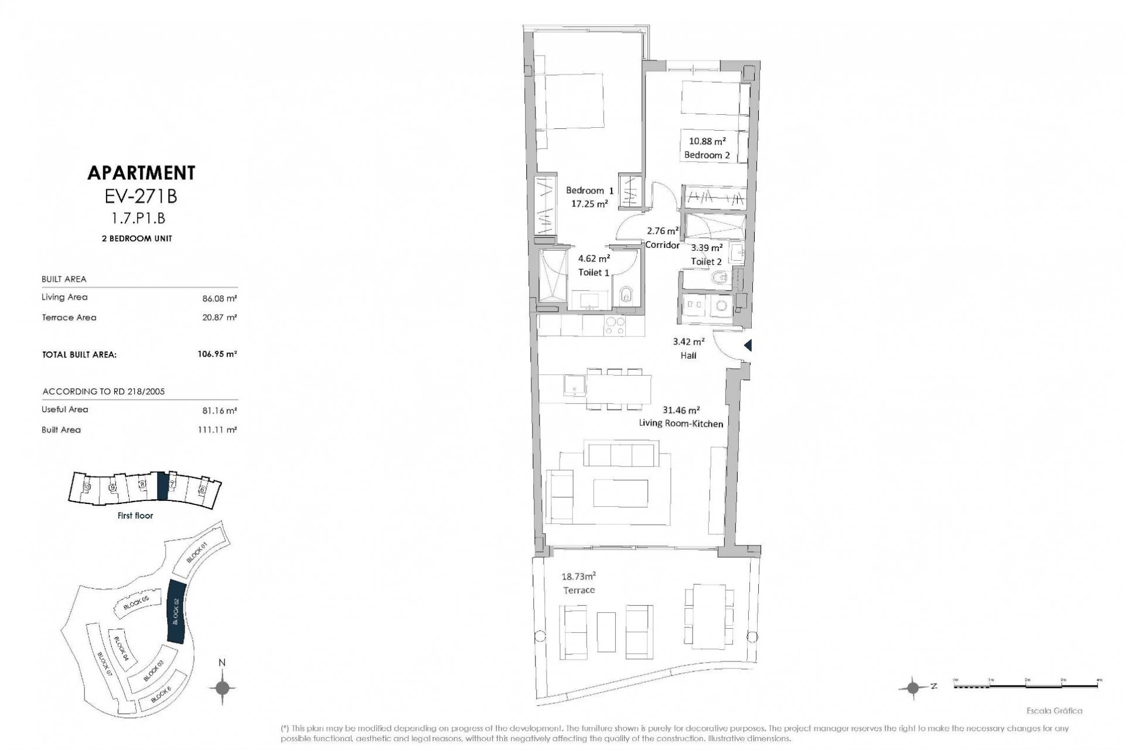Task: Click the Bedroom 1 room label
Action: point(589,190)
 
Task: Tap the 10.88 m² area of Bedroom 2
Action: point(707,141)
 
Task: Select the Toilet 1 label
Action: point(594,272)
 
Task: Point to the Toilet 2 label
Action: point(706,261)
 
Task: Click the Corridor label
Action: point(662,245)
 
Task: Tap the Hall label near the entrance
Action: point(688,355)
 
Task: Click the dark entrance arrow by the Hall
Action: point(748,346)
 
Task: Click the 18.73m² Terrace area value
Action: point(578,577)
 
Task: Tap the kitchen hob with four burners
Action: point(613,326)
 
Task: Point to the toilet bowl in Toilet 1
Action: point(626,295)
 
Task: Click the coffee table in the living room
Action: point(621,493)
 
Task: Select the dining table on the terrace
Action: point(708,616)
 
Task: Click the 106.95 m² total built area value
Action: point(217,354)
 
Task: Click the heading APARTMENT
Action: point(141,173)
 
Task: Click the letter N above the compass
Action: point(222,663)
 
